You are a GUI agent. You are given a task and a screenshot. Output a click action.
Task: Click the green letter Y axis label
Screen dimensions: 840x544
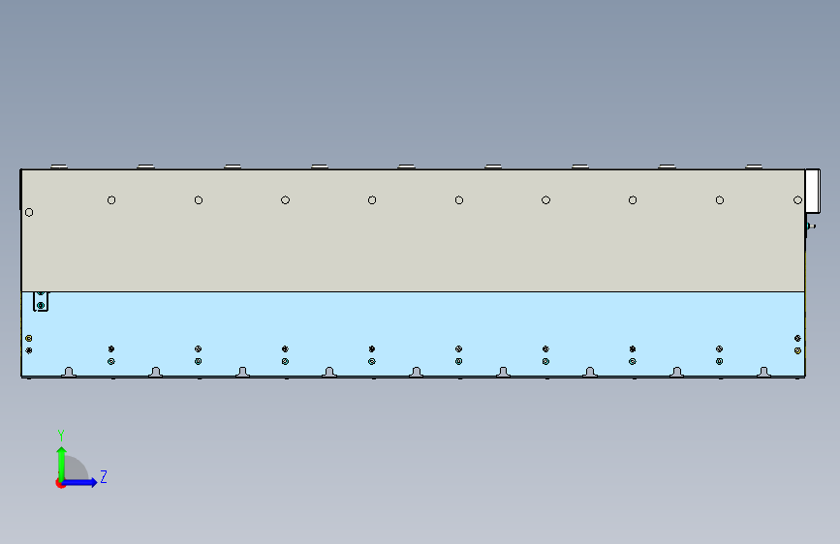(61, 435)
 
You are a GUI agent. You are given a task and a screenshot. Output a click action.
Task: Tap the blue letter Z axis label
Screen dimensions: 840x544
(104, 476)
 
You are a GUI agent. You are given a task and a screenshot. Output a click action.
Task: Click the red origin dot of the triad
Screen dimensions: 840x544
(60, 483)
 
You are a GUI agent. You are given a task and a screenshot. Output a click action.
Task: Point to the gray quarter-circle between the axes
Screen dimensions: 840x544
(77, 469)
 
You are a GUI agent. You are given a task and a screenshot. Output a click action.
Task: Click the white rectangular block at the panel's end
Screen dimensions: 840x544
(812, 191)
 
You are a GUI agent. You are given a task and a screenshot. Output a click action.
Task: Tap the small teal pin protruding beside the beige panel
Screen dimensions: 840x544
(811, 227)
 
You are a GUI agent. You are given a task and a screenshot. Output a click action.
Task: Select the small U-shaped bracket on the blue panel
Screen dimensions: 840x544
(41, 301)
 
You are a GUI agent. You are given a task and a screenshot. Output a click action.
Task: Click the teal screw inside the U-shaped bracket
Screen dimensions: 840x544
(41, 305)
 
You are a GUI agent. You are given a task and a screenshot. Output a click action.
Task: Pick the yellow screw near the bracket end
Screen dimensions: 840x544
(29, 339)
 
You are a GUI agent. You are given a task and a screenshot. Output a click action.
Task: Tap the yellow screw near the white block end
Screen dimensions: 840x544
(797, 350)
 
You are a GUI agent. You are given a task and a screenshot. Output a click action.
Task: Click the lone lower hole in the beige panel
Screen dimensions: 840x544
(29, 213)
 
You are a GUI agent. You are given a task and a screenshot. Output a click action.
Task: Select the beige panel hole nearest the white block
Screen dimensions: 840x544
(797, 200)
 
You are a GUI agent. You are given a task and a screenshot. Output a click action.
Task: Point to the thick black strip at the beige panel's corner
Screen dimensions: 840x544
(21, 190)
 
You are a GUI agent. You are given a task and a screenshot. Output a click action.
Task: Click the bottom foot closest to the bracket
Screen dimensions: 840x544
(69, 372)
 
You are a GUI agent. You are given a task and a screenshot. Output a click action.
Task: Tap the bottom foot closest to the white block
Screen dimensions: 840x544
(763, 372)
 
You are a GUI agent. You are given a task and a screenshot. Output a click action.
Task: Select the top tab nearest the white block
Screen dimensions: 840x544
(754, 166)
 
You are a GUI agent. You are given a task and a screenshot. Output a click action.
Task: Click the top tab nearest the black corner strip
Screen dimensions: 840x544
(59, 166)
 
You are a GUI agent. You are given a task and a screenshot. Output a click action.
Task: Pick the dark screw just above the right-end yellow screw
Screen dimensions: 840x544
(797, 339)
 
